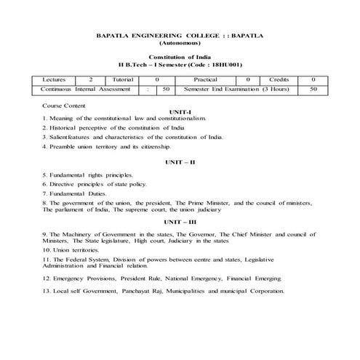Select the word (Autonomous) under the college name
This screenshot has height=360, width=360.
tap(180, 44)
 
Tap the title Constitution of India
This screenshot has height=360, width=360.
tap(180, 57)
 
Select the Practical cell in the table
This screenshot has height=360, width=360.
tap(206, 78)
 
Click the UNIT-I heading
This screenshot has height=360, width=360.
tap(179, 113)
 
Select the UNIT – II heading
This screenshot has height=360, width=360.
tap(180, 160)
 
